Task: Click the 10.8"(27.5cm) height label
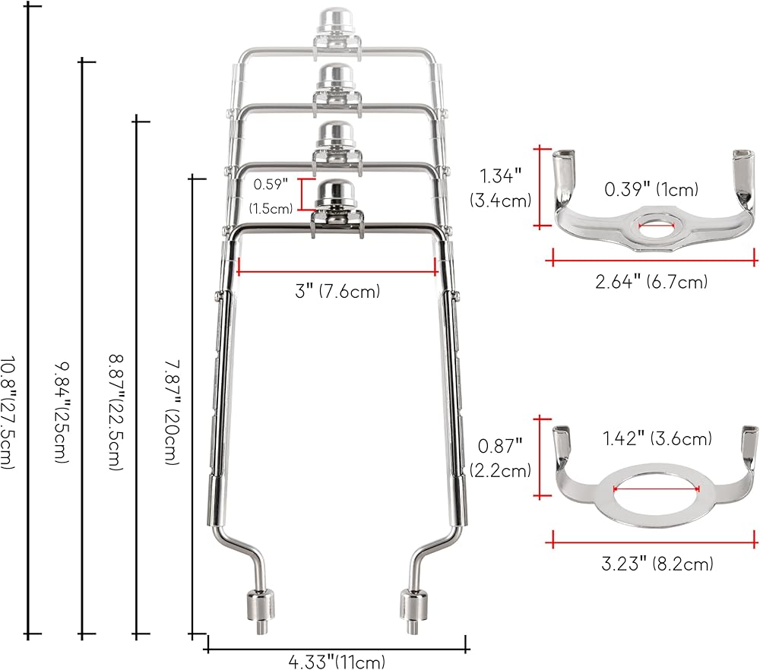8,412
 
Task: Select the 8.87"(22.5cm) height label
116,412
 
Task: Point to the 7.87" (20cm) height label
172,412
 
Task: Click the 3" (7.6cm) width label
337,291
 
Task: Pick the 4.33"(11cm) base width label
337,662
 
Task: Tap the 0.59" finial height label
271,184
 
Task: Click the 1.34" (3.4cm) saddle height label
501,188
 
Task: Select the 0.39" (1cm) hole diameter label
651,189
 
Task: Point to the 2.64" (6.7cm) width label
651,282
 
